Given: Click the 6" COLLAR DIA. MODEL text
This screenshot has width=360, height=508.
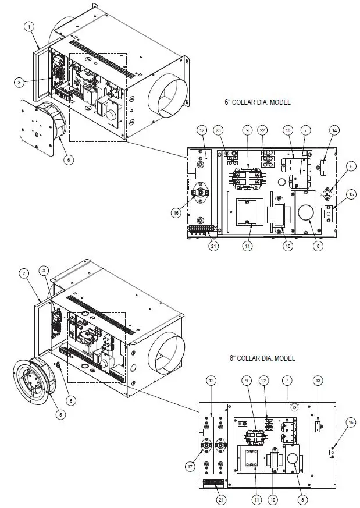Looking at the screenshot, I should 257,101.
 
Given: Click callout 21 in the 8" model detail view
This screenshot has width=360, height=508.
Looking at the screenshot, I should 220,499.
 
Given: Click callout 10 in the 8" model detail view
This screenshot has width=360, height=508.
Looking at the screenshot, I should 273,499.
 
